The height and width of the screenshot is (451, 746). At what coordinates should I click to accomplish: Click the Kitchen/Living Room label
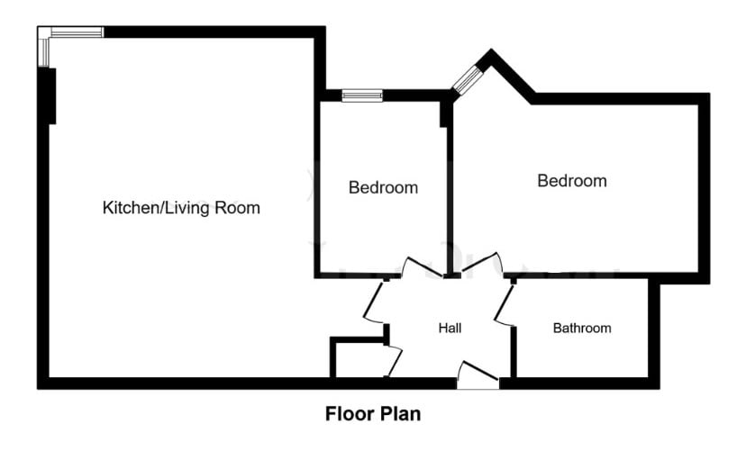181,208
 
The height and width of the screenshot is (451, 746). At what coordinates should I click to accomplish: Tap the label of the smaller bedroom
383,188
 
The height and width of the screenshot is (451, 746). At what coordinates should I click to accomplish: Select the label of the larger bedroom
571,181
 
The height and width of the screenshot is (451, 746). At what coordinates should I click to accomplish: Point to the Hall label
450,329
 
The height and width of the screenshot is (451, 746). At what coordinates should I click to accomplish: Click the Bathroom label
581,329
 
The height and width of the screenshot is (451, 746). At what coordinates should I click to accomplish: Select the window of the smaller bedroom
361,95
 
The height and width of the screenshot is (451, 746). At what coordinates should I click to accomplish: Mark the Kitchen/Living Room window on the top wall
76,32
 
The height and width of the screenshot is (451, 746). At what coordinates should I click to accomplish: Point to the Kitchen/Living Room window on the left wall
43,50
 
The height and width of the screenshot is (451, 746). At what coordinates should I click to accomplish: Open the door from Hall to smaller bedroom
418,267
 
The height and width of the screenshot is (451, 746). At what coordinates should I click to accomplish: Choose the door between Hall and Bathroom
504,304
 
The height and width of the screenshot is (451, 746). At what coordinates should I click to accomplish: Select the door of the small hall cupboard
394,361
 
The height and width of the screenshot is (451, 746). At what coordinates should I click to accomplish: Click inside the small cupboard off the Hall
358,360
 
